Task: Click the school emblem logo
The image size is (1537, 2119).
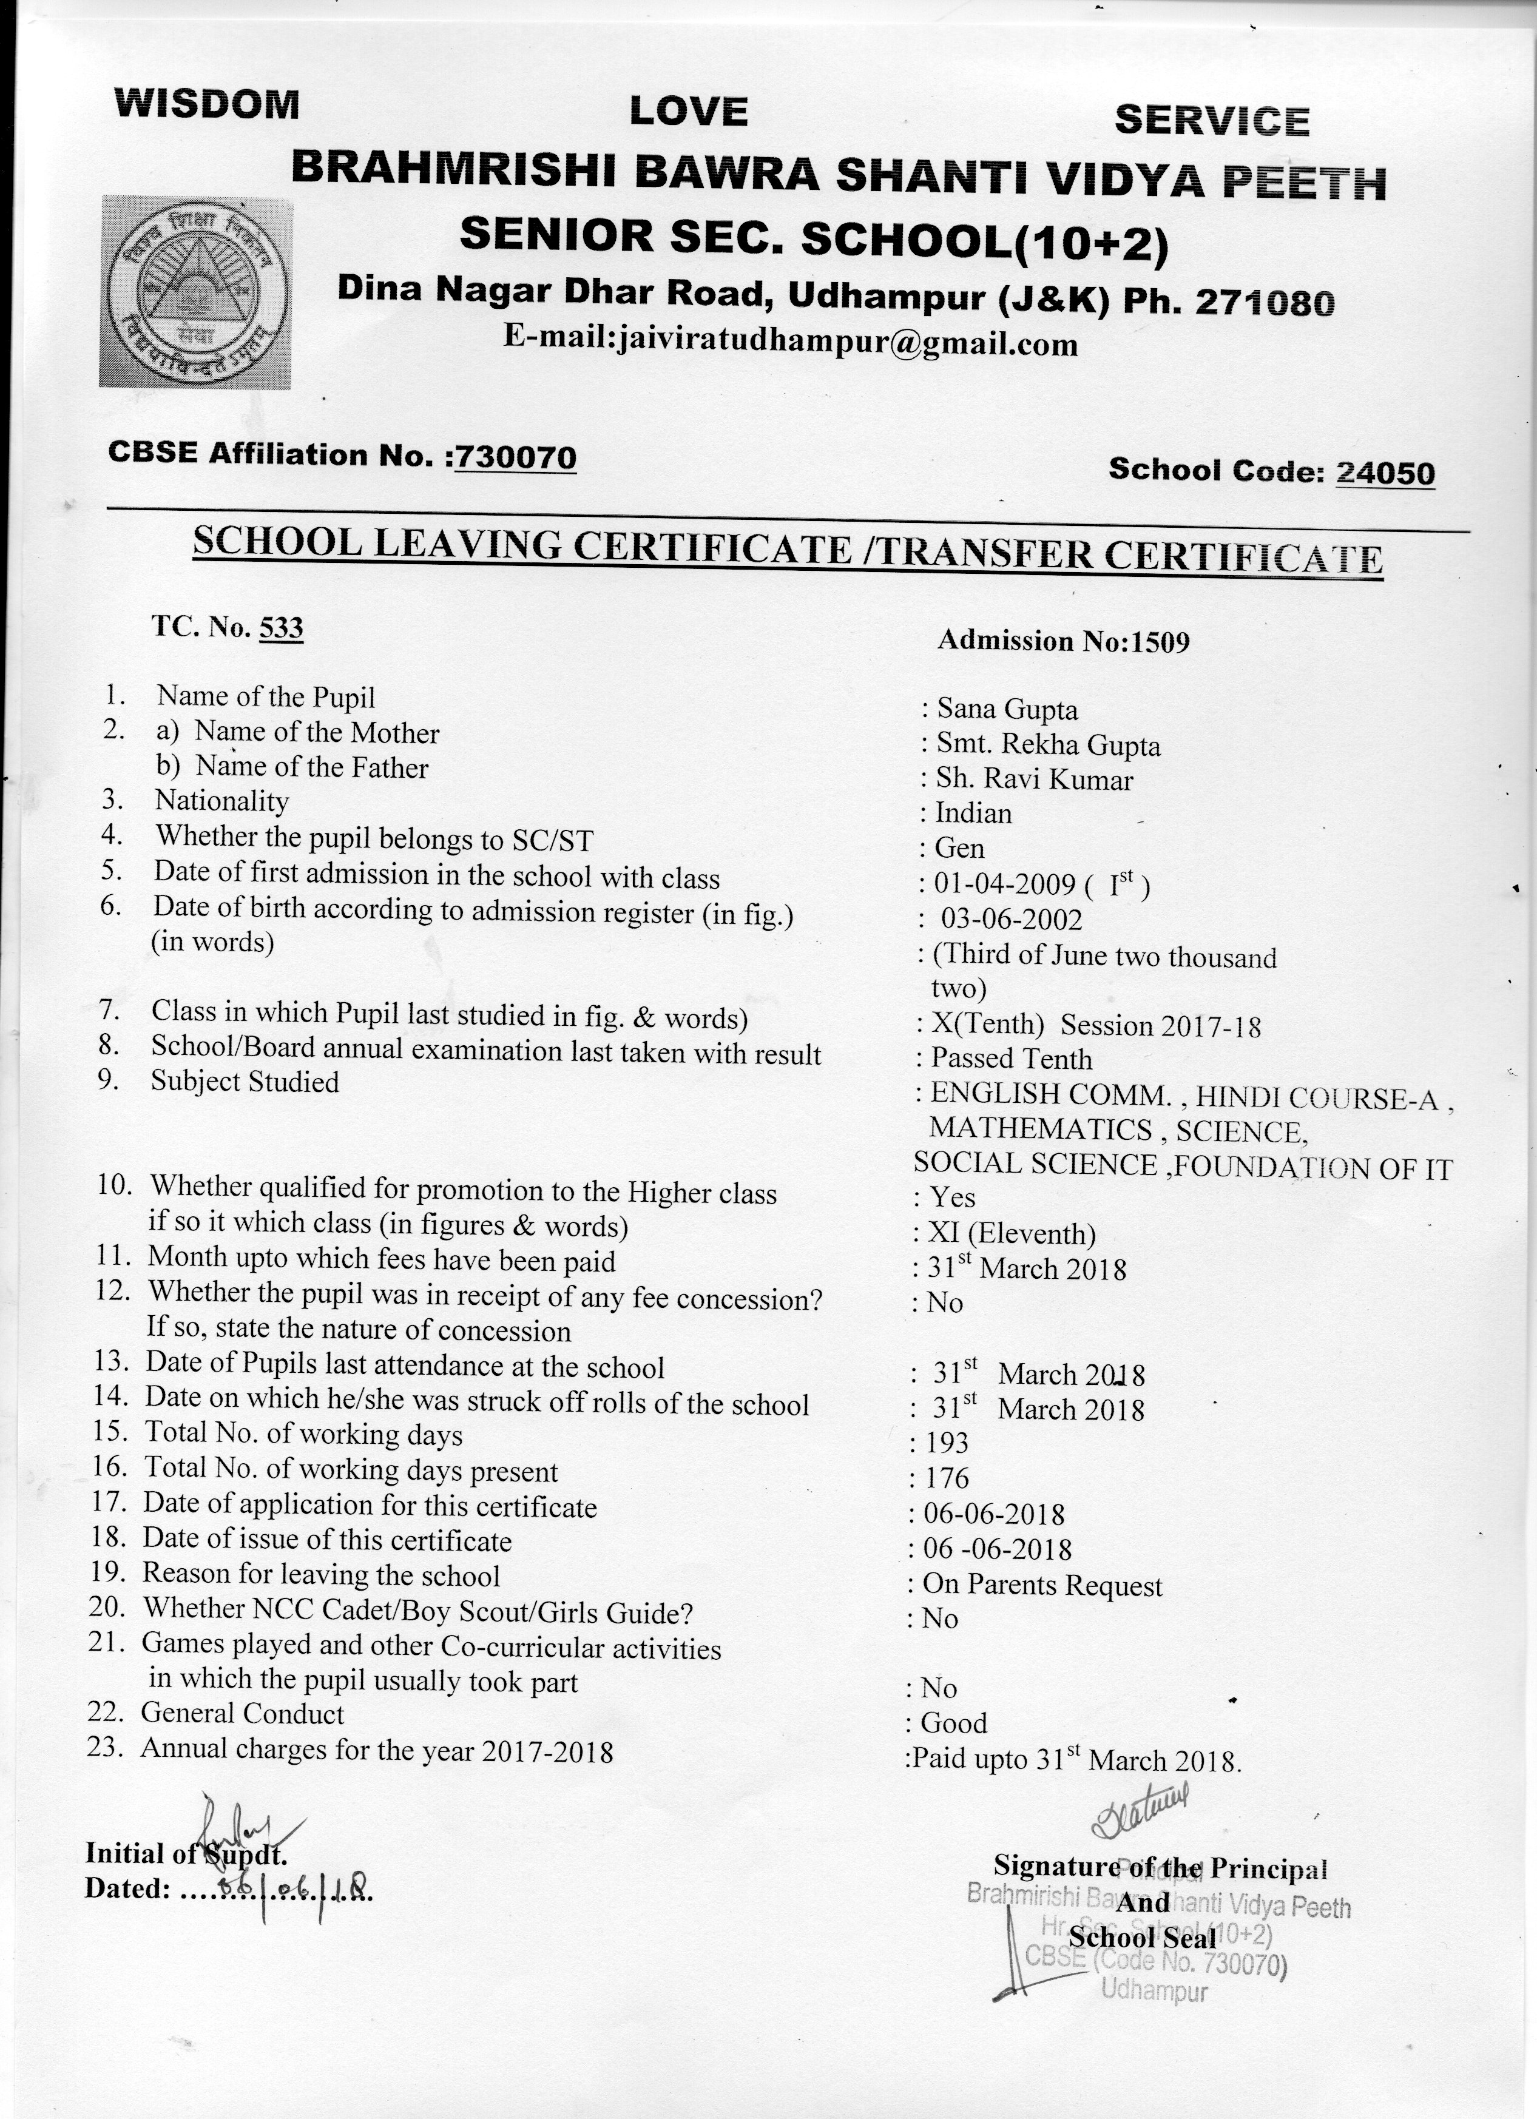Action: click(196, 292)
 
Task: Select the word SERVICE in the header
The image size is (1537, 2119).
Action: click(1212, 121)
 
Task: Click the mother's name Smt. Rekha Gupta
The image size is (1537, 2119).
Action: click(1049, 746)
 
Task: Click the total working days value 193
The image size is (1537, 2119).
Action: click(947, 1443)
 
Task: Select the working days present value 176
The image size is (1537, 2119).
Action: click(947, 1478)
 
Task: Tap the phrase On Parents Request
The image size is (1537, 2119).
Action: click(1042, 1586)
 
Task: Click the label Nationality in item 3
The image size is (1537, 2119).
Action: click(221, 801)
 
